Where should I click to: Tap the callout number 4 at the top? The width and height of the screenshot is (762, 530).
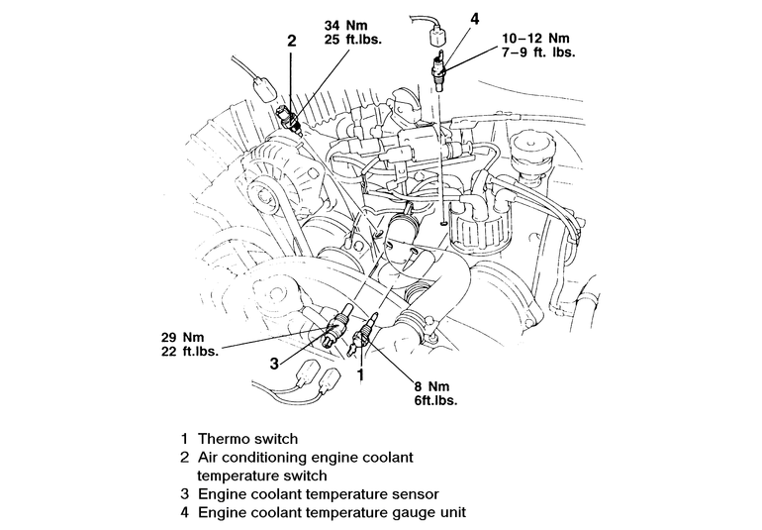pyautogui.click(x=446, y=18)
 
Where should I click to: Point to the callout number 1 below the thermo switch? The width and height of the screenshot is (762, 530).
pyautogui.click(x=361, y=375)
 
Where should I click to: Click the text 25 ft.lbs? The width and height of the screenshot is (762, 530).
pyautogui.click(x=354, y=39)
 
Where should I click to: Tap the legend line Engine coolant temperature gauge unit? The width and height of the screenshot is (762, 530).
pyautogui.click(x=332, y=512)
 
